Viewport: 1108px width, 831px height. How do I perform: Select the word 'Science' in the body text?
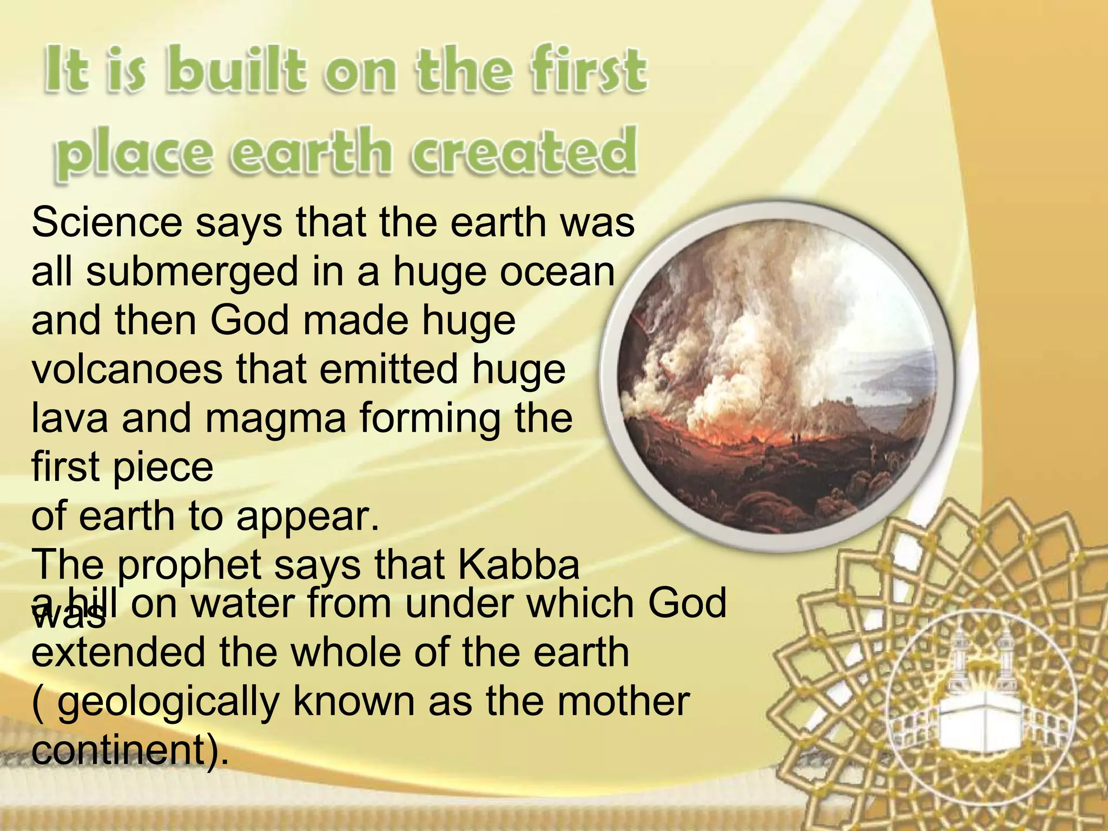(x=107, y=222)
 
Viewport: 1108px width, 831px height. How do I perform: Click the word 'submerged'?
(x=192, y=272)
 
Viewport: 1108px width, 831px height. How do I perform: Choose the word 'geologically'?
(x=168, y=702)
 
